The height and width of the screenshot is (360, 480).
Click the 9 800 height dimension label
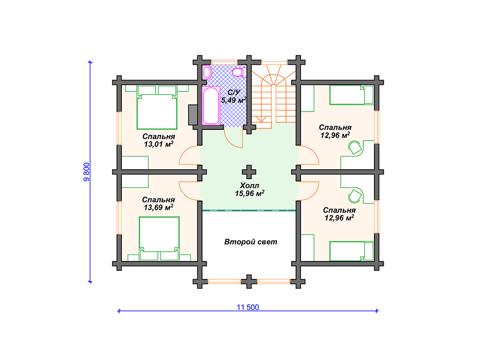point(87,172)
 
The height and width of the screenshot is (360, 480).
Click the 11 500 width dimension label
point(247,307)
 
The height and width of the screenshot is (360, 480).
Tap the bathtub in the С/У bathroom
point(211,105)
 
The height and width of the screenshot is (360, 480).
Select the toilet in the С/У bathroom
point(238,73)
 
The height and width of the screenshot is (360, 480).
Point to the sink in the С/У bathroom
point(207,73)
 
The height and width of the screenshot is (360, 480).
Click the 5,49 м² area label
point(234,100)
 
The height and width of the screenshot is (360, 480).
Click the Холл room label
point(249,186)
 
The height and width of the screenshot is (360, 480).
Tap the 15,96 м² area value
point(249,194)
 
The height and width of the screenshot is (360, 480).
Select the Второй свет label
point(251,242)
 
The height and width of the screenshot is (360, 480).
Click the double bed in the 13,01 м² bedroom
point(157,107)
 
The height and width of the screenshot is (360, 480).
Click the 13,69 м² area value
point(158,208)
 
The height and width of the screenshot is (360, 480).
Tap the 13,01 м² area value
point(158,144)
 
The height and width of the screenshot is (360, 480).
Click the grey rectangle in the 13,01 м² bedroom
point(193,115)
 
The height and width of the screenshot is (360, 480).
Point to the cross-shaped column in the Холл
point(249,172)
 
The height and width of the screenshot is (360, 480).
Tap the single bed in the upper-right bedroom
point(352,95)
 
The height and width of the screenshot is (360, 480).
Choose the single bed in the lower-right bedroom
point(352,251)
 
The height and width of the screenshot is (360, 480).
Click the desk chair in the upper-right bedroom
point(355,148)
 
